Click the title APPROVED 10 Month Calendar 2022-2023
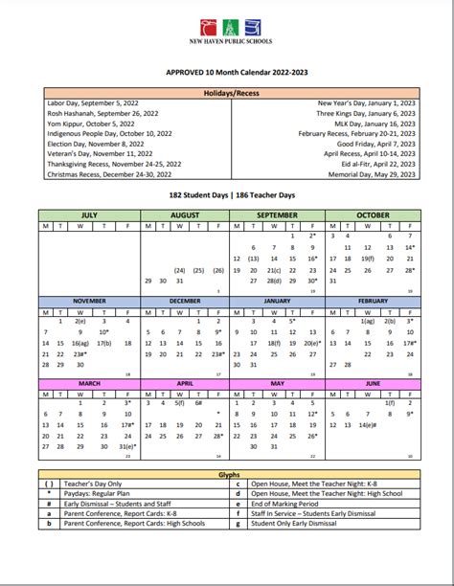tap(227, 71)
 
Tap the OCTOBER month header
tap(372, 215)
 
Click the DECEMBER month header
tap(184, 300)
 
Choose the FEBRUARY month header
tap(372, 300)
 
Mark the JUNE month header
tap(372, 383)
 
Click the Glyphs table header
tap(227, 473)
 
